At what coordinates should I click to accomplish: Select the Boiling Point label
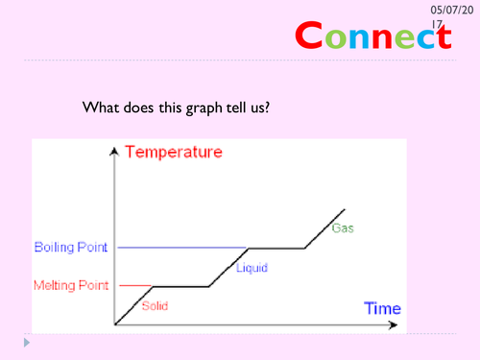click(x=72, y=248)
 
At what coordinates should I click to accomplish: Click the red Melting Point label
click(x=72, y=285)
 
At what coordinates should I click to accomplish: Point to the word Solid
click(x=155, y=306)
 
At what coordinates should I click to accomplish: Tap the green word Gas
click(x=342, y=228)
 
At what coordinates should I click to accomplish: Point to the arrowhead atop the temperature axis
click(x=114, y=151)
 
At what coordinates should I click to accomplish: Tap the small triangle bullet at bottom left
click(x=27, y=341)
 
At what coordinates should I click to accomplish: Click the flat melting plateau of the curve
click(x=182, y=286)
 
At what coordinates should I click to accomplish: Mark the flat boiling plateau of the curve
click(x=276, y=248)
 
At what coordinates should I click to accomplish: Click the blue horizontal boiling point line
click(x=182, y=248)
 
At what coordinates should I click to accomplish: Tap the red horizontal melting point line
click(x=134, y=285)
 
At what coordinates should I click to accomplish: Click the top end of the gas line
click(x=345, y=208)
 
